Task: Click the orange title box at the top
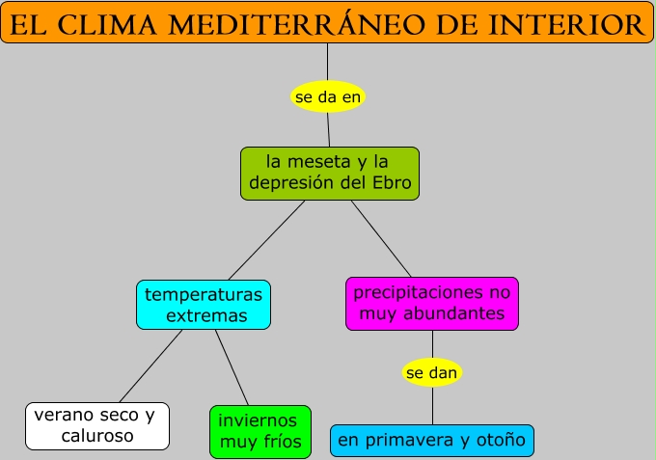click(x=327, y=22)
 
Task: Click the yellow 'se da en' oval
click(x=328, y=97)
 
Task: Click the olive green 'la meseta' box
click(x=330, y=174)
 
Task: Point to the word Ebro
click(x=392, y=183)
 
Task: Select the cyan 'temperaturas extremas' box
click(x=204, y=304)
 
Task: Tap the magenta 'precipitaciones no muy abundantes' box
click(x=431, y=303)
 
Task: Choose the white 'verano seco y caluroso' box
click(x=96, y=425)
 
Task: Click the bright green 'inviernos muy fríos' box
click(x=260, y=432)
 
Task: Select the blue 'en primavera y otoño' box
click(x=431, y=441)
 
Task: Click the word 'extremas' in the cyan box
click(x=205, y=315)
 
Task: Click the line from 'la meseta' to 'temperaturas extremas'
click(x=266, y=240)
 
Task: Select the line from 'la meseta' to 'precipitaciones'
click(x=381, y=239)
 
